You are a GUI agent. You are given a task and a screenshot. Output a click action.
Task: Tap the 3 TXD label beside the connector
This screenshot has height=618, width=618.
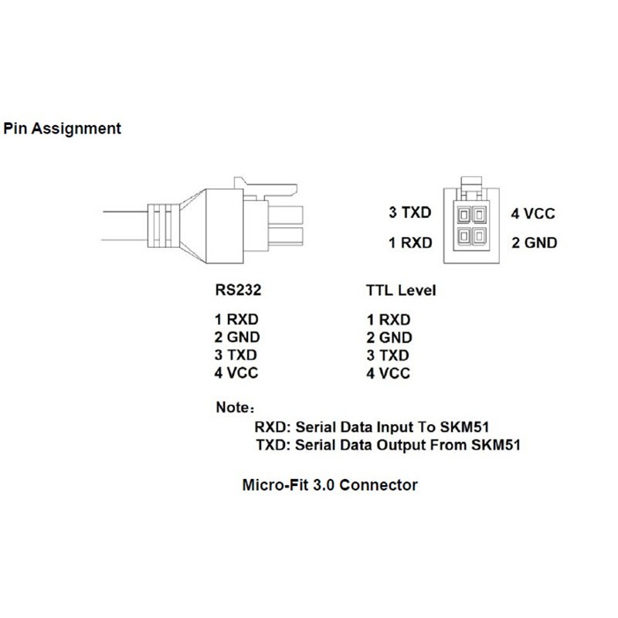(x=410, y=212)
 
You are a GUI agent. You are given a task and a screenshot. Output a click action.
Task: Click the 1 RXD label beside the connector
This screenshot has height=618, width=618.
(x=410, y=243)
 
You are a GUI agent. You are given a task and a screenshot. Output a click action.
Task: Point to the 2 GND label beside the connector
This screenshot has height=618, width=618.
(x=534, y=243)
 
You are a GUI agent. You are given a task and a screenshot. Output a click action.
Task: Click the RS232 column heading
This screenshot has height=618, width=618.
(x=236, y=291)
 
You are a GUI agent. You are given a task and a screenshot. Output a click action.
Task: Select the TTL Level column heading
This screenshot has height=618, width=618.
(x=400, y=291)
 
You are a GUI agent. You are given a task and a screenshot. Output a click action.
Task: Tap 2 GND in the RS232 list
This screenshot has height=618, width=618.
(x=237, y=338)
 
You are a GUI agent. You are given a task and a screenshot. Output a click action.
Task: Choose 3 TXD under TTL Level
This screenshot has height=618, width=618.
(x=389, y=356)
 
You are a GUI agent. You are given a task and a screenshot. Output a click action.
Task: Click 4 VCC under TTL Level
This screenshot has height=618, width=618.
(x=389, y=374)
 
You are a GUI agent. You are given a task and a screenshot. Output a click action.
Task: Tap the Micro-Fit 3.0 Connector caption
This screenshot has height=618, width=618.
(x=330, y=485)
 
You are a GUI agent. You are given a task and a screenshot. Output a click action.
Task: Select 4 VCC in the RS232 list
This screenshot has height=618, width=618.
(x=237, y=374)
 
